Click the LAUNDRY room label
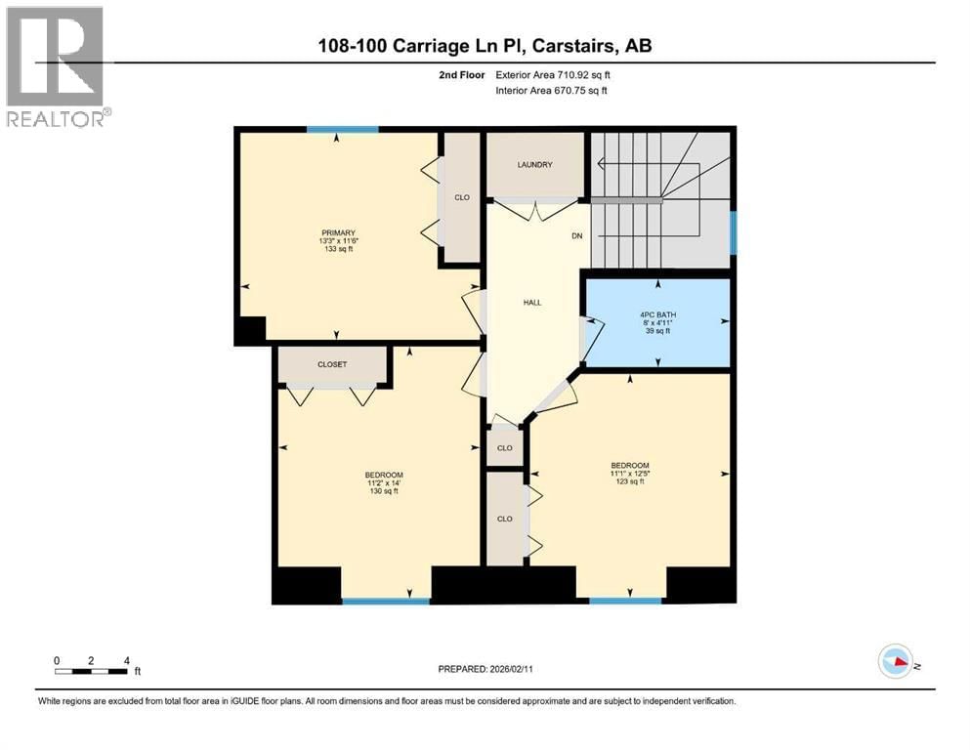534,165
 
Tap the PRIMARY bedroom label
336,232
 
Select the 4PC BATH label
656,313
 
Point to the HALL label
532,303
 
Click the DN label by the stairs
576,235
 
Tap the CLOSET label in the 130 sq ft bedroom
332,364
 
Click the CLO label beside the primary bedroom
462,197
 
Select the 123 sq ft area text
629,482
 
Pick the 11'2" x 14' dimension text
383,482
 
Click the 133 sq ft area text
336,250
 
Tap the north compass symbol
895,662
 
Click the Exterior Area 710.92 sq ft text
558,74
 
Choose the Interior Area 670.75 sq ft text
558,91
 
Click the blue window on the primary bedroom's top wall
336,130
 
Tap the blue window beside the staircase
733,233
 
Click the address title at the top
485,46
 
